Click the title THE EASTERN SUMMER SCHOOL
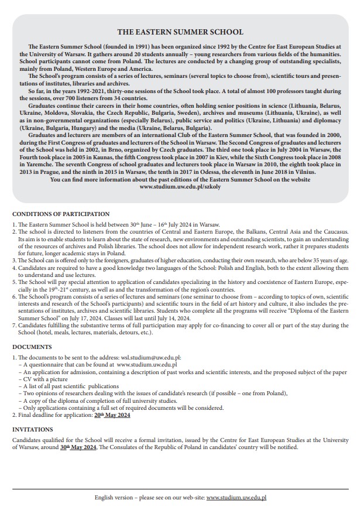(180, 32)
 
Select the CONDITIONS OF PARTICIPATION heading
(61, 214)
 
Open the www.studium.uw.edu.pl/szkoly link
(180, 187)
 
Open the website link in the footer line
(236, 497)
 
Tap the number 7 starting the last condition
(14, 325)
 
